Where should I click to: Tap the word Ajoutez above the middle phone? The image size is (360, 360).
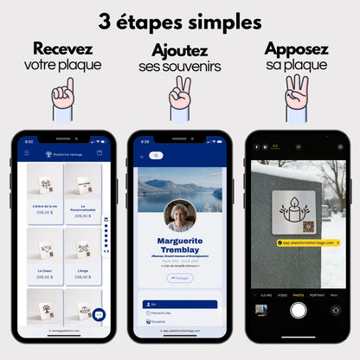point(179,51)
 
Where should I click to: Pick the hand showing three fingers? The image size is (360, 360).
point(296,93)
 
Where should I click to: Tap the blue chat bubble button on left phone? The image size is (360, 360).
point(99,315)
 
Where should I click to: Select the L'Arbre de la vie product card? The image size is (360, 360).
point(45,195)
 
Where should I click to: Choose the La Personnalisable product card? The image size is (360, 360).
point(84,195)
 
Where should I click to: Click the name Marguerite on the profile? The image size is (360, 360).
point(180,241)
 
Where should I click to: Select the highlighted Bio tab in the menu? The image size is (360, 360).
point(180,305)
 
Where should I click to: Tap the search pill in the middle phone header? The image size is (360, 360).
point(156,155)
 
